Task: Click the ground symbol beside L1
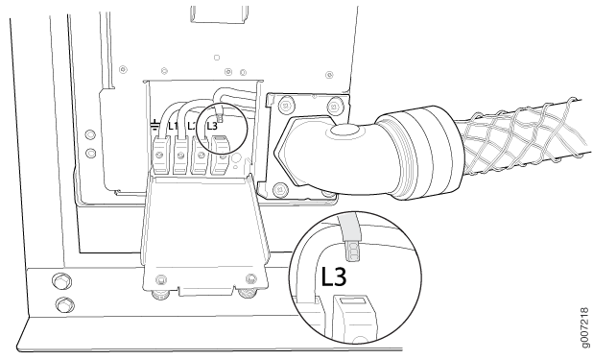pyautogui.click(x=155, y=125)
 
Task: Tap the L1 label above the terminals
pyautogui.click(x=174, y=126)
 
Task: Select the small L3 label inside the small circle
pyautogui.click(x=212, y=126)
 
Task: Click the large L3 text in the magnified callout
pyautogui.click(x=334, y=276)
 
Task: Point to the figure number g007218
pyautogui.click(x=585, y=327)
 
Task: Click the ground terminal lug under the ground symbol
pyautogui.click(x=160, y=155)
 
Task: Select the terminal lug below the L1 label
pyautogui.click(x=180, y=155)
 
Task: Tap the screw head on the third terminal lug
pyautogui.click(x=201, y=155)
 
